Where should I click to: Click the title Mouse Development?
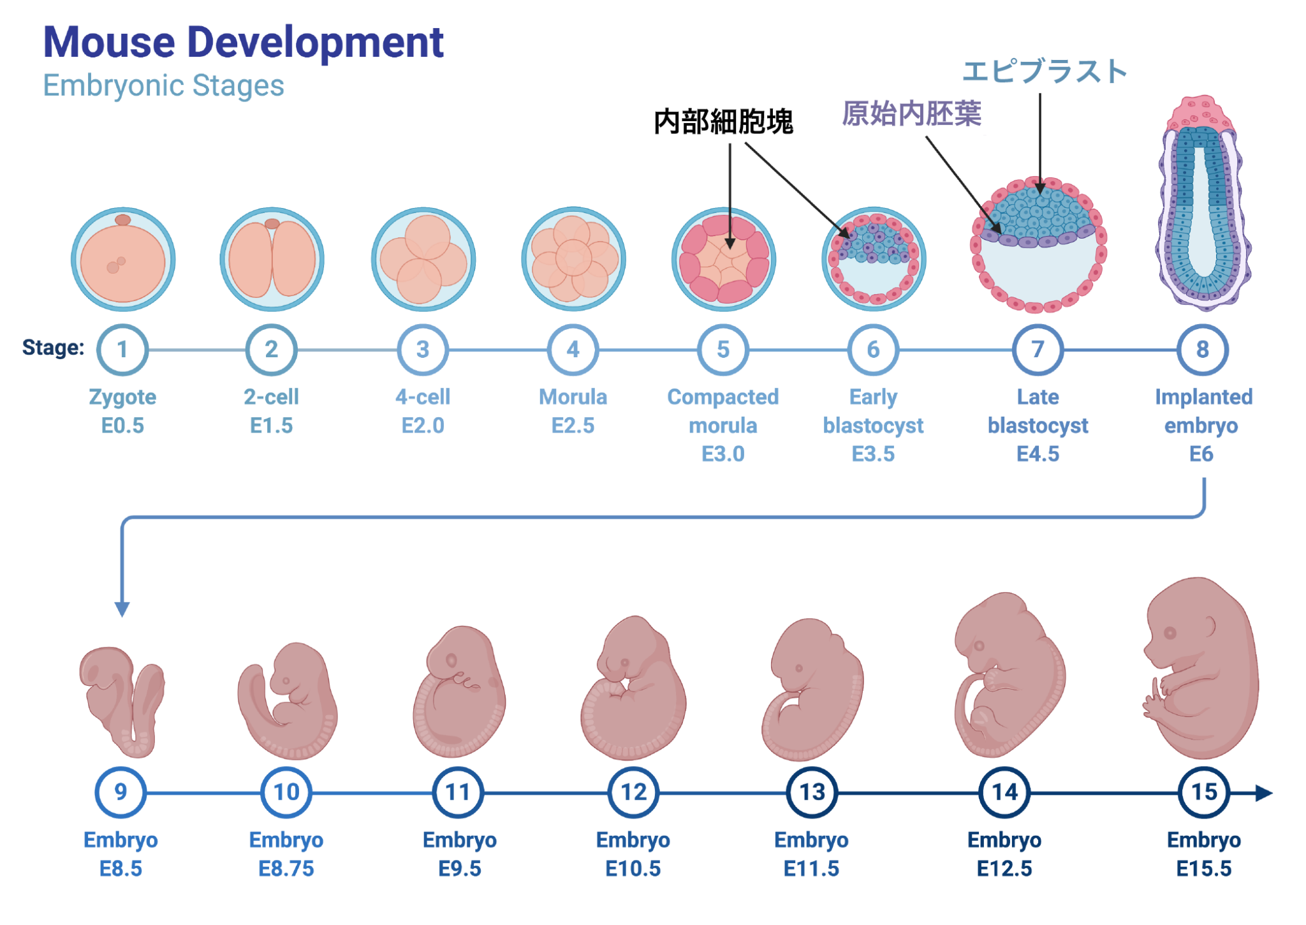[243, 42]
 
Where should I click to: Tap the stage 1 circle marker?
[122, 350]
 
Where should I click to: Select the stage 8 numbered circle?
[1202, 350]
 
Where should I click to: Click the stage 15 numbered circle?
[1204, 792]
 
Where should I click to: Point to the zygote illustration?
[123, 259]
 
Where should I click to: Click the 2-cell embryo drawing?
[272, 259]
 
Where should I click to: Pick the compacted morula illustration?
[724, 259]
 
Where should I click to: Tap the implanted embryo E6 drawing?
[1203, 204]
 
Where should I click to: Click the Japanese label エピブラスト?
[1045, 71]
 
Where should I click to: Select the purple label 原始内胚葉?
[911, 114]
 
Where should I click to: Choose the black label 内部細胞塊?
[724, 121]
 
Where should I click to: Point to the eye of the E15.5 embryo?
[1170, 633]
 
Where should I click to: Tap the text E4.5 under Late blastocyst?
[1038, 454]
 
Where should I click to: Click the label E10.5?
[633, 868]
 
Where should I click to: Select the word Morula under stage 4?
[573, 397]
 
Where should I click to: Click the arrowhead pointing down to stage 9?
[122, 609]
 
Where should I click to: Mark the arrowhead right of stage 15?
[1263, 793]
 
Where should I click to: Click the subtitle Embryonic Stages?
[163, 85]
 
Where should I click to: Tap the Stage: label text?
[53, 348]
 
